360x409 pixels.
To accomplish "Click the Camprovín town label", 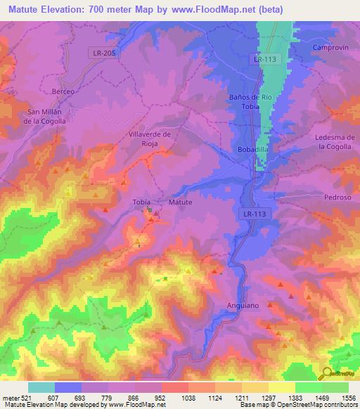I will click(329, 46).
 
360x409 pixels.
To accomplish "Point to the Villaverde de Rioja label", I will click(146, 138).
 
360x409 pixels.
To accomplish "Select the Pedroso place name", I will click(337, 197).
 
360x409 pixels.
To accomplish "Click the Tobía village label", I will click(143, 202).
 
